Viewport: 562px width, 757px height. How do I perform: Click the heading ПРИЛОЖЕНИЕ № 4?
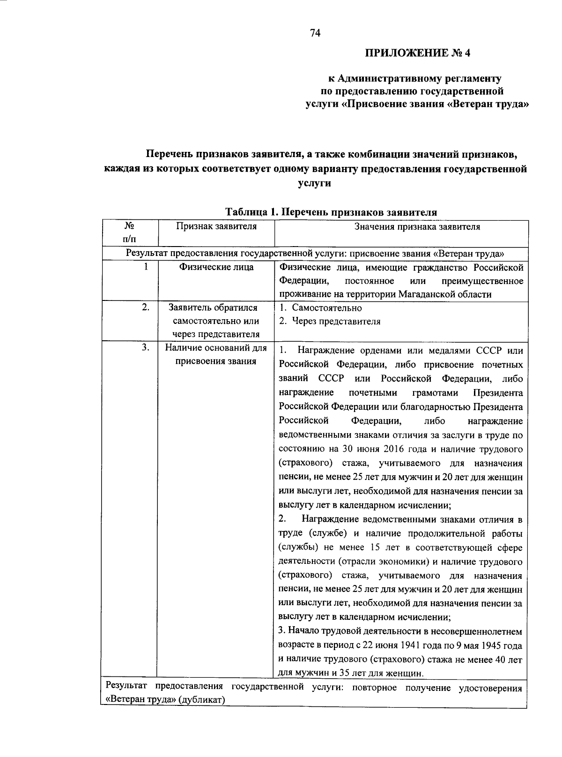(417, 53)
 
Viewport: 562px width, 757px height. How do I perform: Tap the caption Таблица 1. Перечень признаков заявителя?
(331, 212)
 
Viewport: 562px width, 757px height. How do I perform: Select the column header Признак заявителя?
(216, 227)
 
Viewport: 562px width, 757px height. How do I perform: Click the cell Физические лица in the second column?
(216, 267)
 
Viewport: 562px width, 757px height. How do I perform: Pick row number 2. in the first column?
(146, 307)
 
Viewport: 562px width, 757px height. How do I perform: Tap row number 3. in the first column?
(146, 347)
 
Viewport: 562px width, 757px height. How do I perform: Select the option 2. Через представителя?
(330, 321)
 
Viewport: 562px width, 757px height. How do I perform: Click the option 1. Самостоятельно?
(321, 307)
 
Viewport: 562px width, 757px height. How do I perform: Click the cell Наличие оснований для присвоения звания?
(216, 354)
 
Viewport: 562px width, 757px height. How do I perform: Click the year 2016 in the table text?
(393, 449)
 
